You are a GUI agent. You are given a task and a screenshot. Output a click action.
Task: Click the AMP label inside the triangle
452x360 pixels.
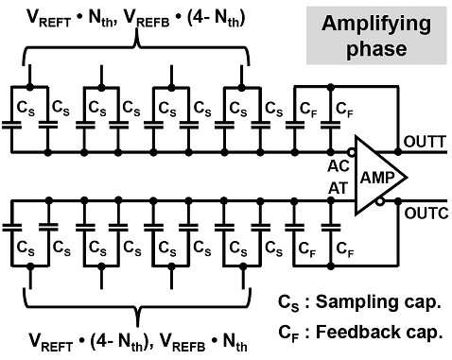(x=377, y=178)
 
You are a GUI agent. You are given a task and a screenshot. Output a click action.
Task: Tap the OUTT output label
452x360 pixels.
(x=425, y=142)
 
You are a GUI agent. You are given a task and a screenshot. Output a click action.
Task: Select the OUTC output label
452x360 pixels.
(x=426, y=214)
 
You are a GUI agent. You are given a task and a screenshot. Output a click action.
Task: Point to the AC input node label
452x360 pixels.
(x=339, y=166)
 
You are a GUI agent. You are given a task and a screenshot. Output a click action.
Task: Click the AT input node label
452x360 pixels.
(x=338, y=189)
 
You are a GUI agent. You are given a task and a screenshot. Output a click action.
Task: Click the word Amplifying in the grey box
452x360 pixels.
(x=376, y=25)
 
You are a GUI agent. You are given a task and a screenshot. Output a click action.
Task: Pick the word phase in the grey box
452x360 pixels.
(x=376, y=49)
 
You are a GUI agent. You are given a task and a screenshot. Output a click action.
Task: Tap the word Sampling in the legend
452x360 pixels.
(x=357, y=301)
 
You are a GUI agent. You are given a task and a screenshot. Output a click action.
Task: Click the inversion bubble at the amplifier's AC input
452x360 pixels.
(x=352, y=153)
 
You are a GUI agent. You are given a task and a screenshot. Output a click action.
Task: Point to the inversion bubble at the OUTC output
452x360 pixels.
(x=381, y=201)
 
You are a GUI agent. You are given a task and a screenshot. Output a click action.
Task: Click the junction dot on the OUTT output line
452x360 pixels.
(x=398, y=152)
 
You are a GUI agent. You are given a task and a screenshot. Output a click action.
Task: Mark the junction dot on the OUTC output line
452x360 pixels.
(x=398, y=201)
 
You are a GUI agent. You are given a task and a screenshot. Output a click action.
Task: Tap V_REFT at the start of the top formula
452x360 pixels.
(x=49, y=19)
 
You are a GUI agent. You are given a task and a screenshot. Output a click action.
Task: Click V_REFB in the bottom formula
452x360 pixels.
(x=183, y=342)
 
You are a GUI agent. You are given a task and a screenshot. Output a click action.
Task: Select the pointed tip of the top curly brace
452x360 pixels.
(x=137, y=30)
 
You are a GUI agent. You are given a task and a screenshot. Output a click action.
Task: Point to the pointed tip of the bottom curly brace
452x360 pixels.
(x=137, y=326)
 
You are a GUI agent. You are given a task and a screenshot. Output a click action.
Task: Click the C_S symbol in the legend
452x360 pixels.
(x=288, y=303)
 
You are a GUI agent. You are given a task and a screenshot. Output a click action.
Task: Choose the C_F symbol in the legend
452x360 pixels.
(x=288, y=334)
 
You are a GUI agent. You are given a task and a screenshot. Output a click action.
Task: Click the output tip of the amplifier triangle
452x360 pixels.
(x=407, y=177)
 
